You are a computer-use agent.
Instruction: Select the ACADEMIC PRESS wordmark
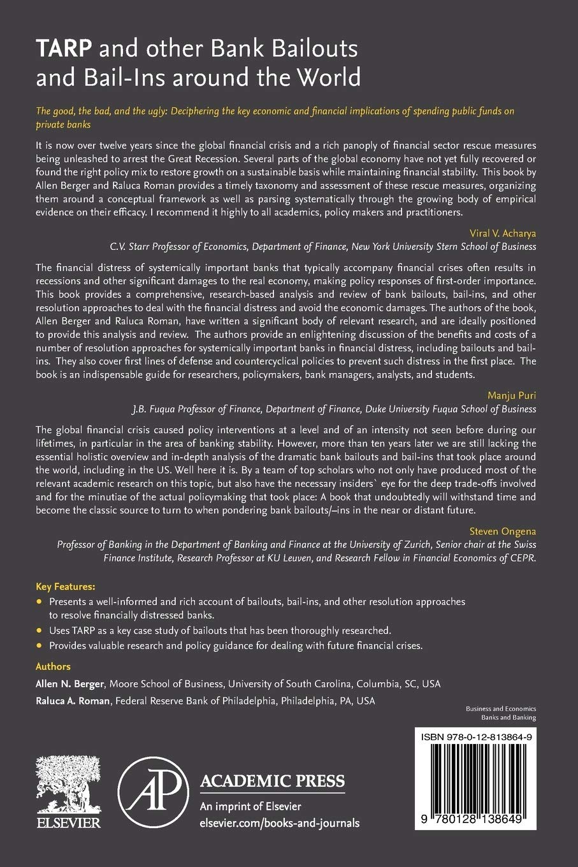coord(273,781)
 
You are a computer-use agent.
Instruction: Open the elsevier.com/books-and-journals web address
coord(279,823)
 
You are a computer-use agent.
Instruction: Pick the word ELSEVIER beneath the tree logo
coord(68,823)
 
